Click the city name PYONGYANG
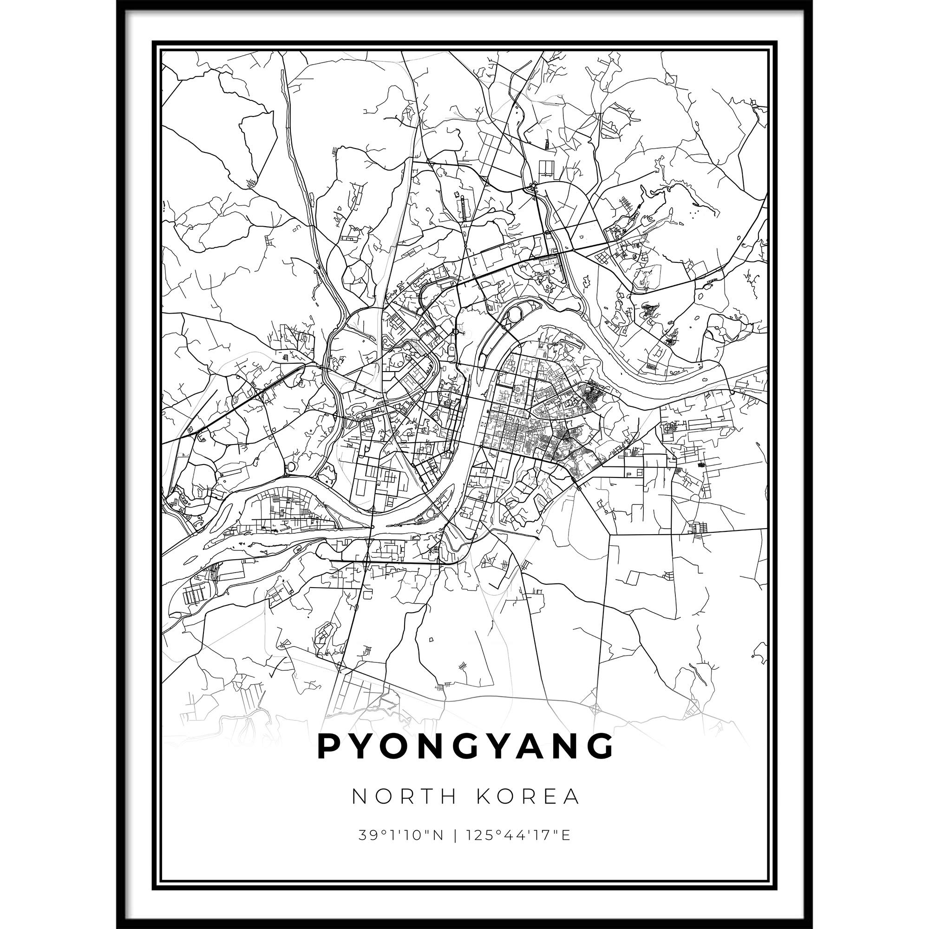click(x=464, y=760)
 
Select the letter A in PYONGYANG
click(x=530, y=760)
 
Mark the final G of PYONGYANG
click(x=601, y=760)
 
